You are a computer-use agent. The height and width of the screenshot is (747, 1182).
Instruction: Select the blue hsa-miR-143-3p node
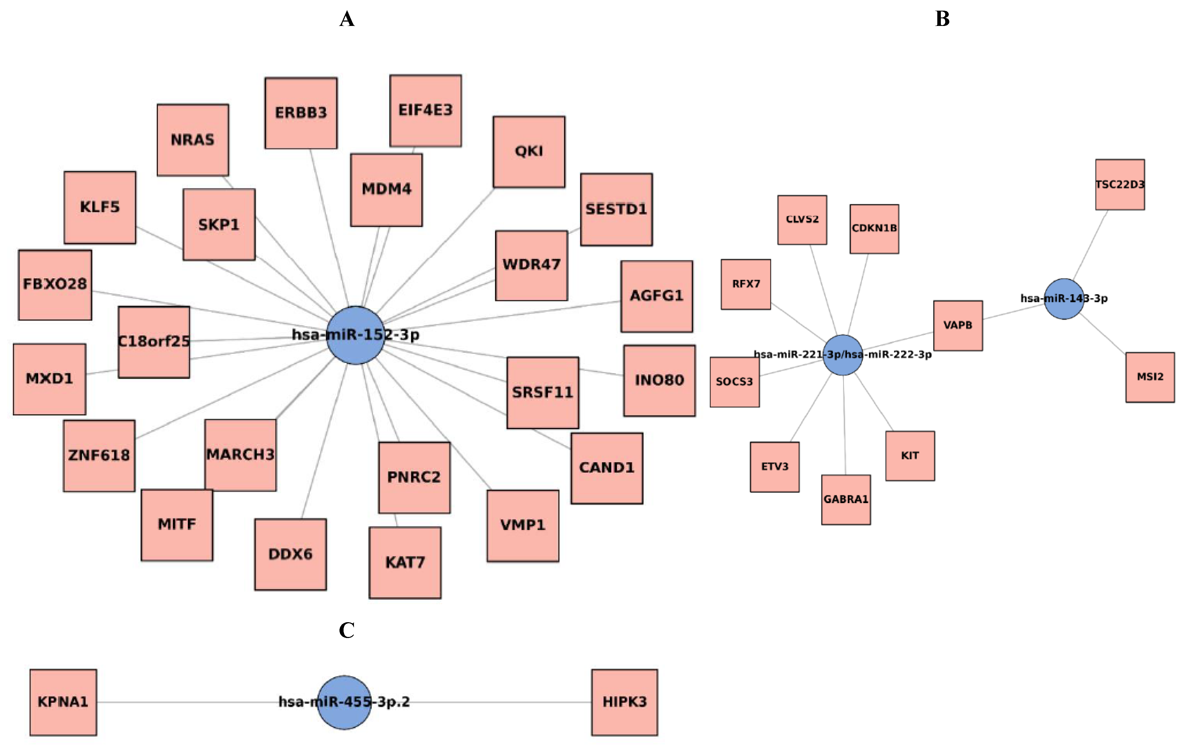point(1064,299)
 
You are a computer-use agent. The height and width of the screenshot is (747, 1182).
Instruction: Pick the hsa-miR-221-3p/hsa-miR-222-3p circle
point(842,355)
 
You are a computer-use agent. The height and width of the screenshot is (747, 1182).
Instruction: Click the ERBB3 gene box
point(301,113)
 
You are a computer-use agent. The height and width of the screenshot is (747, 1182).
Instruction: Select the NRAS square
point(193,140)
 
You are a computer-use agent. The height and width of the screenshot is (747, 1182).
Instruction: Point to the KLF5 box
point(100,207)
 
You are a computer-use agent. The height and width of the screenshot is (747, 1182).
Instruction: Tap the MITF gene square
point(177,525)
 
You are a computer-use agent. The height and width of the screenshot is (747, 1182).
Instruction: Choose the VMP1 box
point(523,525)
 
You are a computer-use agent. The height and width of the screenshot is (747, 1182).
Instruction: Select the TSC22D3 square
point(1120,185)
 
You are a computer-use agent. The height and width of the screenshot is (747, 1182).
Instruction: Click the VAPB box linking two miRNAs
point(958,325)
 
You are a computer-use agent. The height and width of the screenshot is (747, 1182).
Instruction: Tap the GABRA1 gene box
point(846,499)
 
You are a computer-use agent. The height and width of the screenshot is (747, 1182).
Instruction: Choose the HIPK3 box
point(624,702)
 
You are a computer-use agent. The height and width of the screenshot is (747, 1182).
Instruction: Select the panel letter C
point(347,630)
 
